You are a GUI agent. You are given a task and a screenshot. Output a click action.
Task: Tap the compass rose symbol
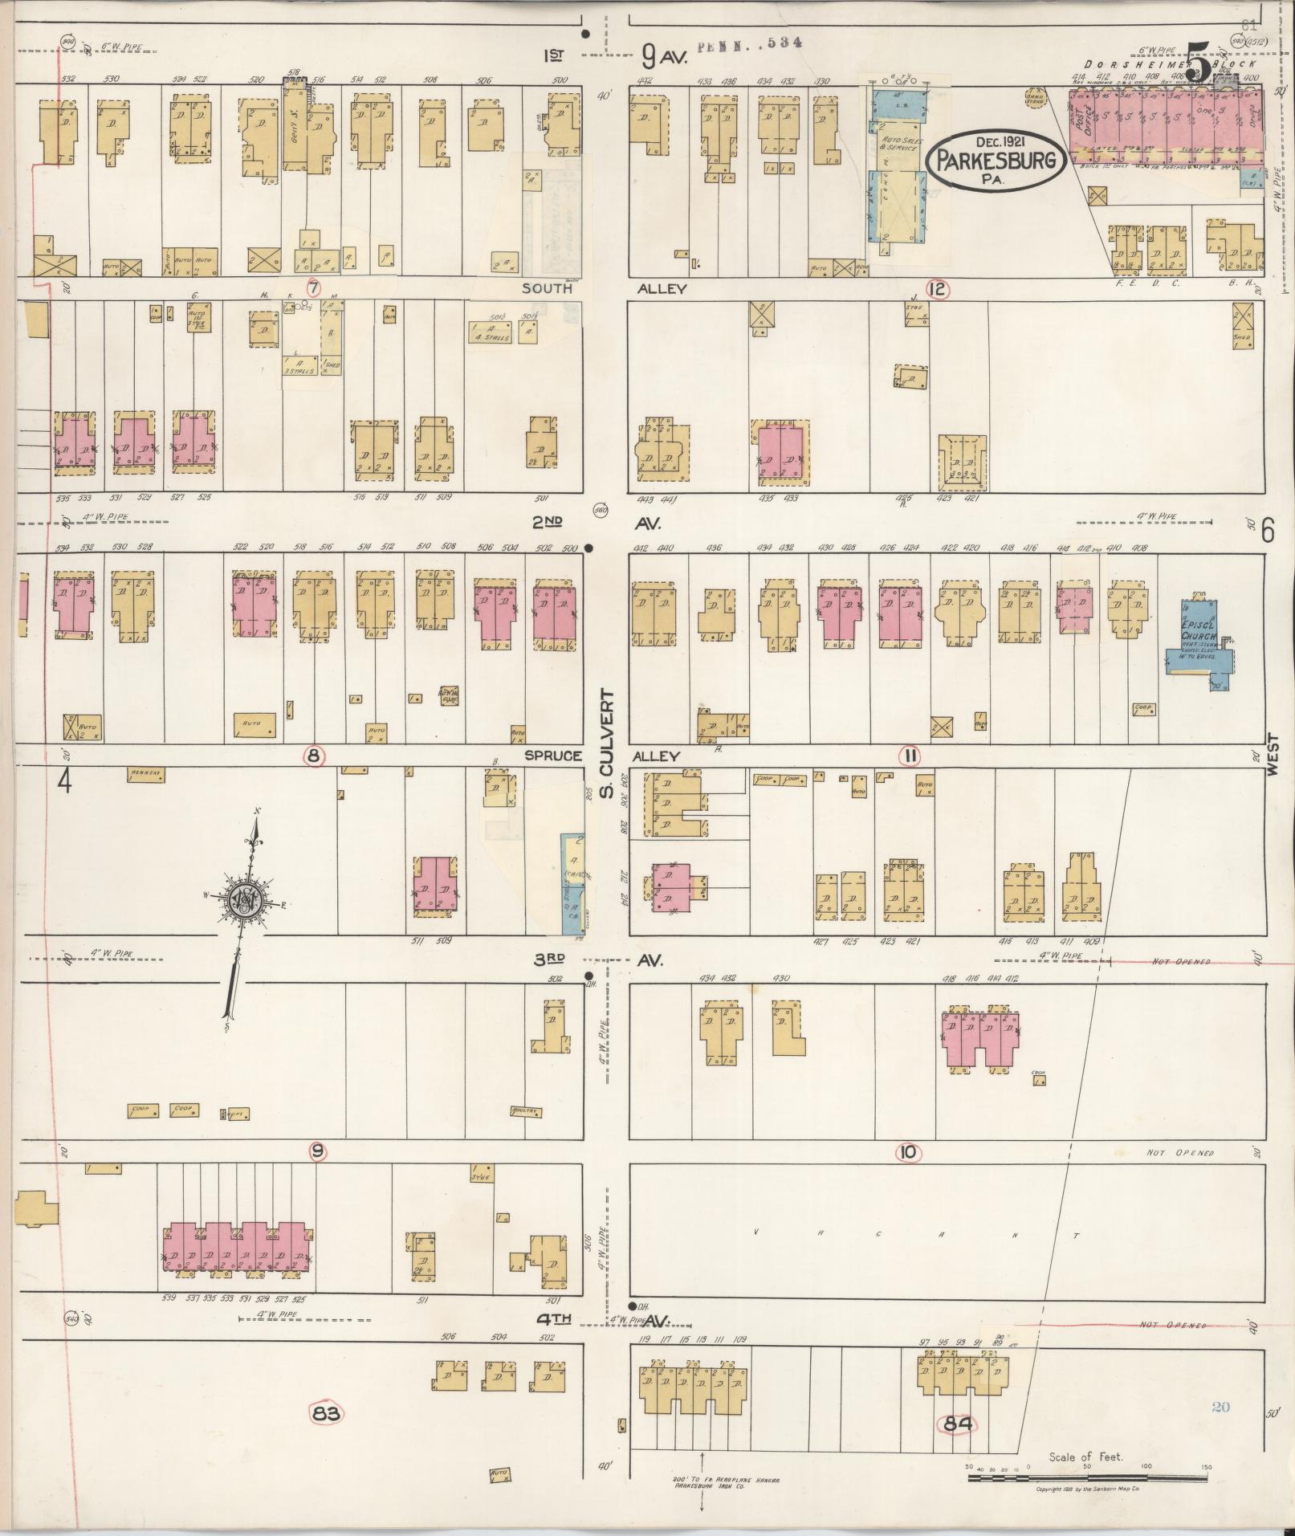(244, 900)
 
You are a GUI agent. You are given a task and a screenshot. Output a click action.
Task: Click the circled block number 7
(314, 287)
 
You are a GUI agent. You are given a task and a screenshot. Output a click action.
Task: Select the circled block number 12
(936, 289)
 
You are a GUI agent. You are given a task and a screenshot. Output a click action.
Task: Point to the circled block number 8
(314, 755)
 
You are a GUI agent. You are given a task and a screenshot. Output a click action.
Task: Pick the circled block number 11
(910, 756)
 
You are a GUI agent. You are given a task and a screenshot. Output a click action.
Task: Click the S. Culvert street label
(608, 745)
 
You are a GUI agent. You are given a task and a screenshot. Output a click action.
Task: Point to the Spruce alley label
(553, 756)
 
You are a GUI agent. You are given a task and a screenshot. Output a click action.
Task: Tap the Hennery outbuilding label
(145, 774)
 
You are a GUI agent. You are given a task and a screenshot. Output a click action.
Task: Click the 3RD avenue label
(555, 959)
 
